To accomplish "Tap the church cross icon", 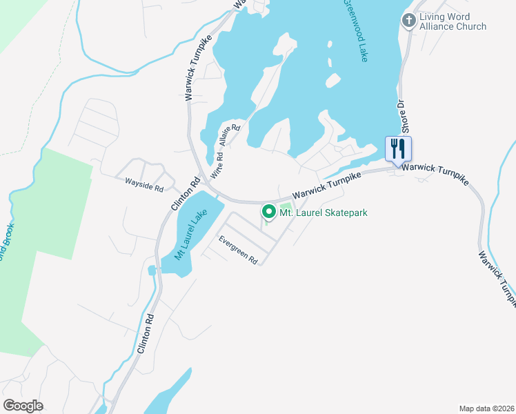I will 409,21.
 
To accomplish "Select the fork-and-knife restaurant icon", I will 398,148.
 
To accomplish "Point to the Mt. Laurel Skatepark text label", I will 323,213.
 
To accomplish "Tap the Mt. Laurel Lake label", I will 190,234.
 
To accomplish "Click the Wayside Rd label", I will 143,184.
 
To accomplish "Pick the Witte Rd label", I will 217,168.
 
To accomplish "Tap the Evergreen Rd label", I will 238,250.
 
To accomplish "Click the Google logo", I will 23,406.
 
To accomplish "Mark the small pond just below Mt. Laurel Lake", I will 152,269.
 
